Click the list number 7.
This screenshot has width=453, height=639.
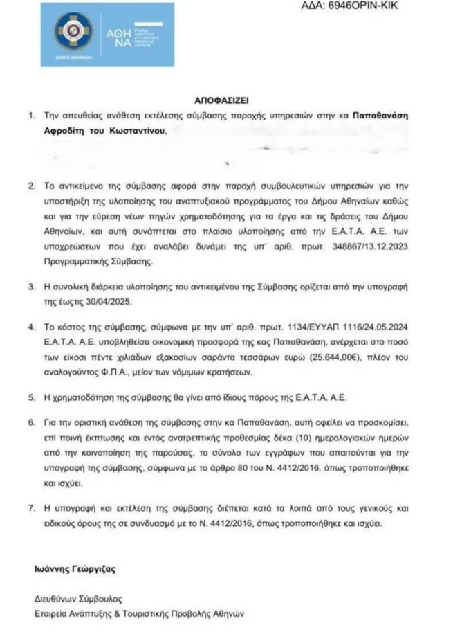32,509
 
